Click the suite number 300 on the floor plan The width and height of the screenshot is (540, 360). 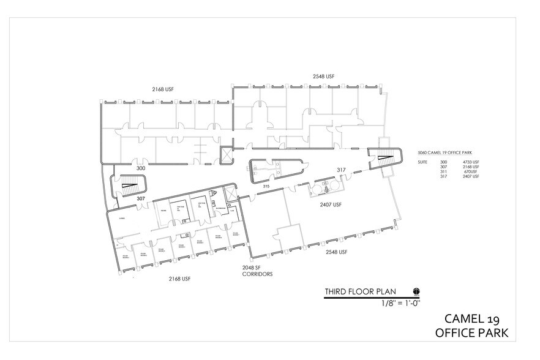pos(141,168)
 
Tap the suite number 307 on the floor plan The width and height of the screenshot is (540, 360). pos(140,198)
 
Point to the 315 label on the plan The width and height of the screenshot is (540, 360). pos(266,186)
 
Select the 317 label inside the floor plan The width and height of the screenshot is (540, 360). pos(341,170)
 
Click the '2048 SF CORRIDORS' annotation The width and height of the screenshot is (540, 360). pos(257,271)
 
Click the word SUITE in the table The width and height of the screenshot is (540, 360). pos(421,162)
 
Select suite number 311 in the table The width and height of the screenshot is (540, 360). pos(444,171)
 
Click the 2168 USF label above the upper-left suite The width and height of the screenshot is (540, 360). pos(162,89)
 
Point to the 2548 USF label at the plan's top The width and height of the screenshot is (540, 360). pos(324,77)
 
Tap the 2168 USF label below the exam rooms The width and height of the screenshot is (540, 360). pos(180,279)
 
